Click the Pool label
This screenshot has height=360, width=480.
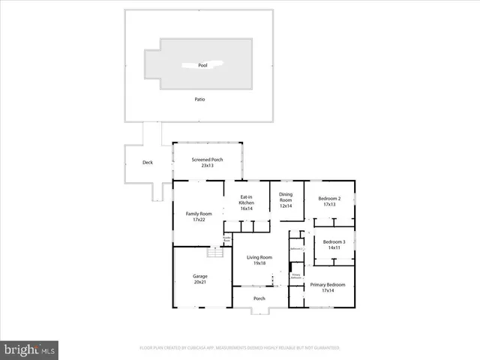tap(202, 66)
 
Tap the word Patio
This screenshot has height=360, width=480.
tap(199, 99)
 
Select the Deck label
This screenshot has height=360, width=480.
tap(148, 163)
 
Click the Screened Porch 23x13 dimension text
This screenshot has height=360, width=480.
tap(207, 165)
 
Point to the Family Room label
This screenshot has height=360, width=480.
tap(199, 214)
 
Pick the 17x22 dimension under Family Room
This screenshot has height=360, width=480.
tap(199, 220)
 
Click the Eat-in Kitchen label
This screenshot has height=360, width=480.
tap(246, 199)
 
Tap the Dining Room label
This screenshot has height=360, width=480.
tap(286, 197)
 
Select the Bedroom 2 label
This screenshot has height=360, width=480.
tap(329, 199)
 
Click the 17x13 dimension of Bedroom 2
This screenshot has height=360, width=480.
tap(329, 205)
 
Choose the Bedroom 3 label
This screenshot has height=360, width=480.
tap(334, 241)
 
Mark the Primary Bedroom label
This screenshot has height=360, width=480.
tap(328, 285)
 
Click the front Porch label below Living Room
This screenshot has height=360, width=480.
tap(259, 298)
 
